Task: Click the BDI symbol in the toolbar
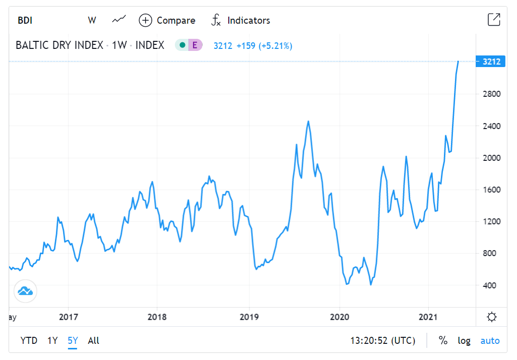25,21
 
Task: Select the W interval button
92,21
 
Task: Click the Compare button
167,21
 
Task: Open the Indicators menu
240,21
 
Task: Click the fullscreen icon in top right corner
494,20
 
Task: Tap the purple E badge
195,45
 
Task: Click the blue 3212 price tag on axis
491,62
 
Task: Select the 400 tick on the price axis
490,285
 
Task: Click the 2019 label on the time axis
249,317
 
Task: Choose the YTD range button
29,341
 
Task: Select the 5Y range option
73,341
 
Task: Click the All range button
94,341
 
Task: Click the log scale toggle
464,341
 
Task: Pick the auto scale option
490,341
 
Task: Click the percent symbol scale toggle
443,341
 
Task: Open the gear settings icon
492,317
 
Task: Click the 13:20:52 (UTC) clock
383,341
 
